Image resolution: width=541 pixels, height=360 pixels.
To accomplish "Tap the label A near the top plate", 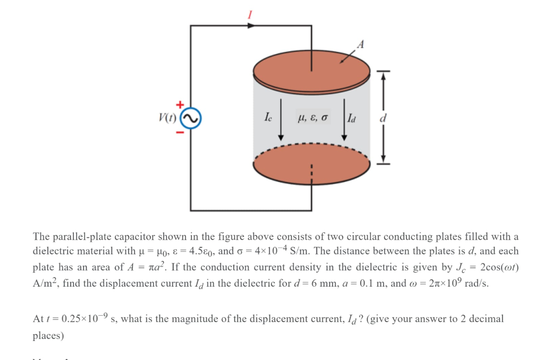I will click(360, 45).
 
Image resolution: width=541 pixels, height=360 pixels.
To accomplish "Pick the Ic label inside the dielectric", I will click(269, 117).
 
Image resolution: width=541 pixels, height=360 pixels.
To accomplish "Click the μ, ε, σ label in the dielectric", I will click(313, 117).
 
